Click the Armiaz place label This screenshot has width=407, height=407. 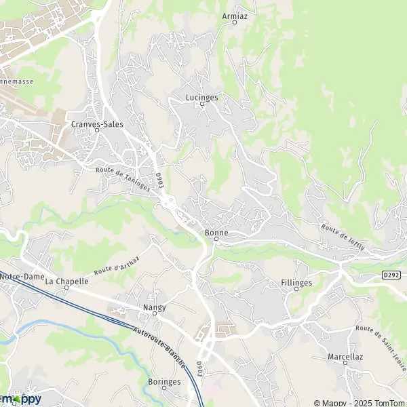tap(235, 14)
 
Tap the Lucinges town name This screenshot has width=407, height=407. tap(201, 97)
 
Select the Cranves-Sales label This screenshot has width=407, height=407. tap(97, 124)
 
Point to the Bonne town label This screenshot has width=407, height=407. tap(216, 233)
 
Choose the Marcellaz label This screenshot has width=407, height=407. tap(345, 355)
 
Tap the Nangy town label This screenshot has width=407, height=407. tap(154, 307)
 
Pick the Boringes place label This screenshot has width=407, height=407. tap(164, 381)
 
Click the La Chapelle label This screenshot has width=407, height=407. tap(67, 281)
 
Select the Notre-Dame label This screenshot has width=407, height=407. tap(18, 277)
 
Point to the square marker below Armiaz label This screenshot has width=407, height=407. tap(235, 22)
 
